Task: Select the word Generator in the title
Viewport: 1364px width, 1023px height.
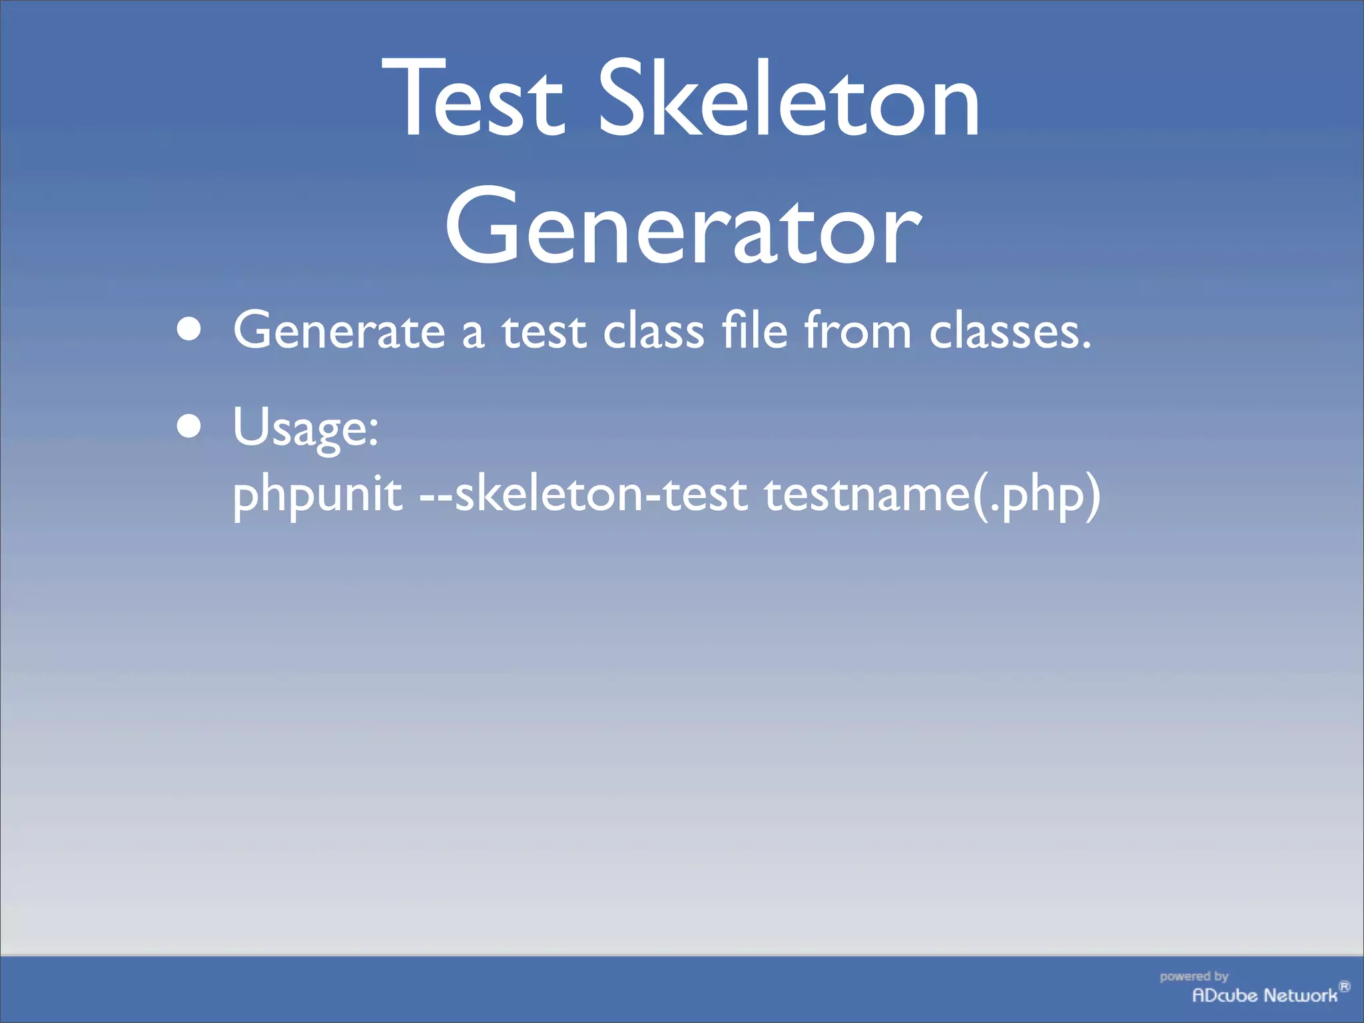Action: tap(683, 226)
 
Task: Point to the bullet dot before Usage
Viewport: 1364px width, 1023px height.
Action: tap(189, 426)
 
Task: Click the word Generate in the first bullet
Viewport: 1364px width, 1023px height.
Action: tap(339, 330)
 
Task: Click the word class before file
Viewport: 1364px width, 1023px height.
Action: tap(653, 330)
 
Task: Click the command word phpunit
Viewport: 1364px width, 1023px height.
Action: tap(318, 497)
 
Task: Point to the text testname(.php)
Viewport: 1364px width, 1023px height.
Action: tap(932, 496)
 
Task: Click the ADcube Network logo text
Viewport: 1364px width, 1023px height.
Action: tap(1264, 996)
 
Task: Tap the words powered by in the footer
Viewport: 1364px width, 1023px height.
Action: tap(1193, 976)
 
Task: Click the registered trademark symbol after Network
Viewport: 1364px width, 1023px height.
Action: tap(1344, 986)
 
